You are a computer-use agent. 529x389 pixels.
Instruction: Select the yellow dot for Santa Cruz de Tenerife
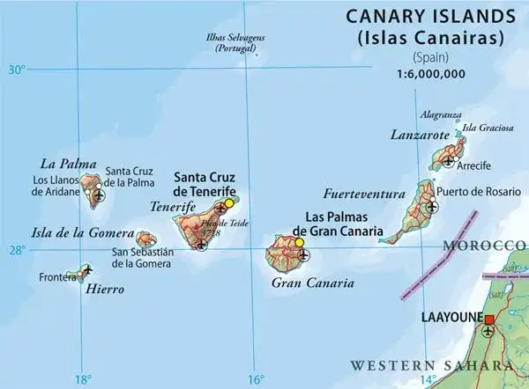point(229,203)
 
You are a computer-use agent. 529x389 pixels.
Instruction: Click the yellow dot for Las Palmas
point(300,243)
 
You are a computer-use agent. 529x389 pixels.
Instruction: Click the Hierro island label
point(105,288)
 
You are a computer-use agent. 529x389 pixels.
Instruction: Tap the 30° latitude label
point(18,70)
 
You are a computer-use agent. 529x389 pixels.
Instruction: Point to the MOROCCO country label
point(484,244)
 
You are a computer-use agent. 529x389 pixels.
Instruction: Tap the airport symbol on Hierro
point(86,269)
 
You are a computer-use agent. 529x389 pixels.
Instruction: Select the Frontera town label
point(59,276)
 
